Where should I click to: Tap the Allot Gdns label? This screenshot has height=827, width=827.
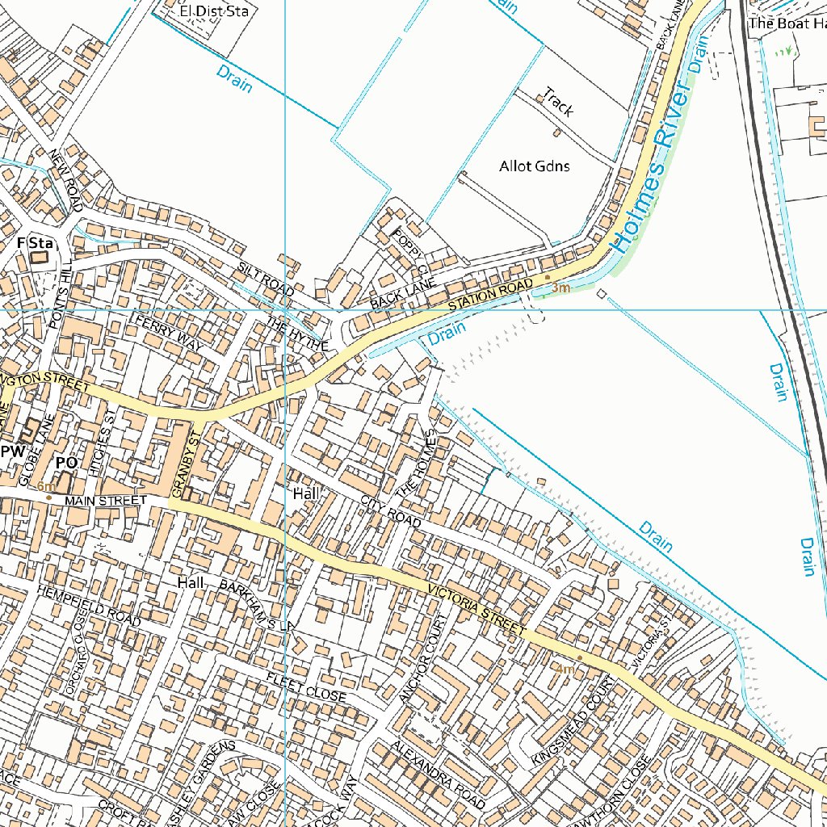[x=534, y=166]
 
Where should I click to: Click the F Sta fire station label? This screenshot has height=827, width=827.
[x=35, y=242]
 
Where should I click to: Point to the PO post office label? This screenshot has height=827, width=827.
[x=66, y=463]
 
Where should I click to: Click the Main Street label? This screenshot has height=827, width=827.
[x=106, y=501]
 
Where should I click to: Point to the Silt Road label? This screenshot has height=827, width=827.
[x=266, y=278]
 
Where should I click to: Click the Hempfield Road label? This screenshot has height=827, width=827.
[x=88, y=606]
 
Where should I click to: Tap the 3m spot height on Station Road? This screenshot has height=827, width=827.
[x=560, y=288]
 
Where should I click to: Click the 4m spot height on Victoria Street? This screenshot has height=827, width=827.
[x=564, y=669]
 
